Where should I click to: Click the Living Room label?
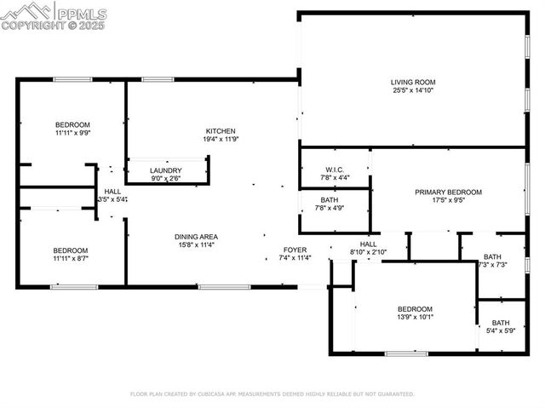(413, 82)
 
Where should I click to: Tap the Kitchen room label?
(220, 131)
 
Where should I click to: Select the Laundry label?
(166, 170)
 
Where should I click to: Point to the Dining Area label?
(196, 237)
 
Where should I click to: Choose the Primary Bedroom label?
(448, 193)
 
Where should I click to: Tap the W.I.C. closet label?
(334, 169)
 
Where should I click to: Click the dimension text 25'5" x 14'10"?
(413, 90)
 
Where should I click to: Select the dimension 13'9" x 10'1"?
(415, 318)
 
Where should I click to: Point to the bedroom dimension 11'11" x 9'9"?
(72, 133)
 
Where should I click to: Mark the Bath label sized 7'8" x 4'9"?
(330, 199)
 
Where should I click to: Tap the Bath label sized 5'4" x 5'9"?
(501, 323)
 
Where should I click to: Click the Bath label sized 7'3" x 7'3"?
(492, 256)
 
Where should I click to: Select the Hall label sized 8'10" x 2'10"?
(368, 244)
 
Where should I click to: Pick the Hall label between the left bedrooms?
(112, 192)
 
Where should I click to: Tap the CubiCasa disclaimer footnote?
(272, 394)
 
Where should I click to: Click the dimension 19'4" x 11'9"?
(220, 140)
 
